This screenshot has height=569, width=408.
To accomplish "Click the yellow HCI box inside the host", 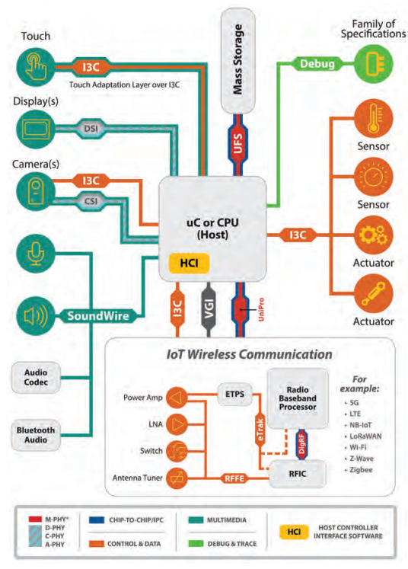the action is (x=189, y=263).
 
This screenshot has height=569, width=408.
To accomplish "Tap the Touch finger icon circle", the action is (x=36, y=67).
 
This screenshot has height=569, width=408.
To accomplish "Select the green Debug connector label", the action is (x=317, y=64).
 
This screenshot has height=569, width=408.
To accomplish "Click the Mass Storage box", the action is (x=237, y=61).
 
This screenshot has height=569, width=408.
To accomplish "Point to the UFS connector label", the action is (x=237, y=143).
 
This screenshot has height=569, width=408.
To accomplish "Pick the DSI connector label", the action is (x=91, y=129).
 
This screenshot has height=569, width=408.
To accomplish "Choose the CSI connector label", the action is (x=91, y=201).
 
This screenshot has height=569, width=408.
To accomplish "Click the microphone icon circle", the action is (x=36, y=253).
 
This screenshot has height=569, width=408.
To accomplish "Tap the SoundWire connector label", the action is (x=98, y=315).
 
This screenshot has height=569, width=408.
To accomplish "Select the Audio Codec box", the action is (x=36, y=377).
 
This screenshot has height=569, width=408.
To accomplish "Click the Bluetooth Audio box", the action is (x=36, y=435).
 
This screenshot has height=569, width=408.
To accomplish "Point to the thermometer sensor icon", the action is (x=373, y=119).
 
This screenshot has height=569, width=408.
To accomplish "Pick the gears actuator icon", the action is (x=373, y=235).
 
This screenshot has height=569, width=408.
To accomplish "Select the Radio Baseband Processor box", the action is (x=298, y=398).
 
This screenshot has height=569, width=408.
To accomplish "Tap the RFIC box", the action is (x=298, y=474).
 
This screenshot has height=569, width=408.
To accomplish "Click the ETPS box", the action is (x=234, y=394).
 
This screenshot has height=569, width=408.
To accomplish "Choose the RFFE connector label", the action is (x=234, y=478).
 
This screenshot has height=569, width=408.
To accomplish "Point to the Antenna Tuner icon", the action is (x=177, y=478).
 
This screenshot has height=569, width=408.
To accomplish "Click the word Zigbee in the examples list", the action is (x=361, y=469).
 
